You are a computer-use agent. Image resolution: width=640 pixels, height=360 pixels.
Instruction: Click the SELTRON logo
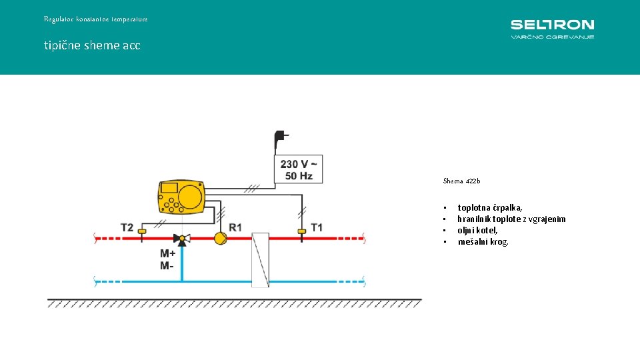(x=552, y=28)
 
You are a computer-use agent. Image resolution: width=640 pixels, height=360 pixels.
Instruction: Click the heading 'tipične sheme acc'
(x=92, y=46)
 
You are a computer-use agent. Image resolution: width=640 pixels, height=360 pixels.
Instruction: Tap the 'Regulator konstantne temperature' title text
(x=96, y=19)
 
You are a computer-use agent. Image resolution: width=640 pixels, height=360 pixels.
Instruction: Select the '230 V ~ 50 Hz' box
(x=299, y=169)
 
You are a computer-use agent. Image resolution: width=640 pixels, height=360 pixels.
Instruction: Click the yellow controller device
(x=180, y=197)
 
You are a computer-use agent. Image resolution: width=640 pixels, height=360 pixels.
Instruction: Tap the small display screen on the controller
(x=169, y=188)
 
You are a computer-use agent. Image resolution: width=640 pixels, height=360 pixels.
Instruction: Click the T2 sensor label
(x=127, y=228)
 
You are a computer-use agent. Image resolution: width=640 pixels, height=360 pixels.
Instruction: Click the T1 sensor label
(x=317, y=228)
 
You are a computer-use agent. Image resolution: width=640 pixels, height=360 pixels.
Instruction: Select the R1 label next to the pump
(x=235, y=228)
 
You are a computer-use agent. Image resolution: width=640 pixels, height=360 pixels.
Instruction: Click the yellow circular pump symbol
(x=220, y=237)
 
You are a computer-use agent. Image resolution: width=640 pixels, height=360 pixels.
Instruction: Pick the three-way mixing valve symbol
(x=181, y=238)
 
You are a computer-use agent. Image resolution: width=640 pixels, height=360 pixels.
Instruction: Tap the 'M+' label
(x=167, y=253)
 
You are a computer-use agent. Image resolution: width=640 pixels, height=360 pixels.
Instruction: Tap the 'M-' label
(x=166, y=266)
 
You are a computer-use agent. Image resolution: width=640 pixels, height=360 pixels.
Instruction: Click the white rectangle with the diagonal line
(x=260, y=260)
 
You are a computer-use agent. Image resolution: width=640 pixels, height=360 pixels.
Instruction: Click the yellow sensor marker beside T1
(x=301, y=231)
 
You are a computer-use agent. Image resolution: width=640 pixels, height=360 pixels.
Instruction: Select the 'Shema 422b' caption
(x=461, y=181)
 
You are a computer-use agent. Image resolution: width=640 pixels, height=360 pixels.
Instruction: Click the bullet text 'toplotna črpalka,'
(x=489, y=208)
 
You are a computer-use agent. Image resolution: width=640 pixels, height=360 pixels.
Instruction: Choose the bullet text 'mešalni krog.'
(x=483, y=241)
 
